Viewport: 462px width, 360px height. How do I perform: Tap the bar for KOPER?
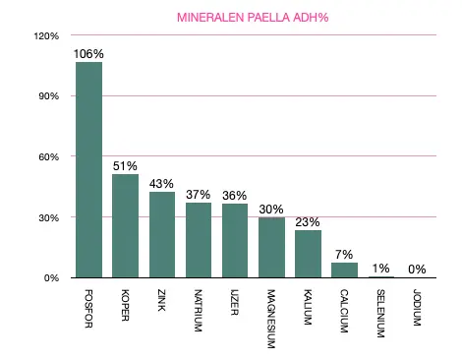[x=126, y=226]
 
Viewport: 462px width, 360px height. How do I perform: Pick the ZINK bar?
[x=162, y=234]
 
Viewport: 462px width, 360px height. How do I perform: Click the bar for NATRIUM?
[x=199, y=240]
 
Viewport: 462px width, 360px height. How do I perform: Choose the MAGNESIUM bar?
[x=271, y=248]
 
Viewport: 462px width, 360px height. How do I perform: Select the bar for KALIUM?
[x=308, y=254]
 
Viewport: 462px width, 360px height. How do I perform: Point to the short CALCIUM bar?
[x=344, y=270]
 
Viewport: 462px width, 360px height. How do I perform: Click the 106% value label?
[x=89, y=54]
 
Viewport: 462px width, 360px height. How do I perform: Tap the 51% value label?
[x=126, y=165]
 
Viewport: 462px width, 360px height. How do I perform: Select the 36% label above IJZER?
[x=235, y=195]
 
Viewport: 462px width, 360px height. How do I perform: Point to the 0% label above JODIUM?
[x=417, y=268]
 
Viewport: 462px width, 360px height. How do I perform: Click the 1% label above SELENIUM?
[x=380, y=267]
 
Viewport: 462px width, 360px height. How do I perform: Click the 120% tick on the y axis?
[x=46, y=36]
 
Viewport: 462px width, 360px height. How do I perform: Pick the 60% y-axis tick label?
[x=48, y=157]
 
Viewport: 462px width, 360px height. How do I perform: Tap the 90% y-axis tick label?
[x=48, y=96]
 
